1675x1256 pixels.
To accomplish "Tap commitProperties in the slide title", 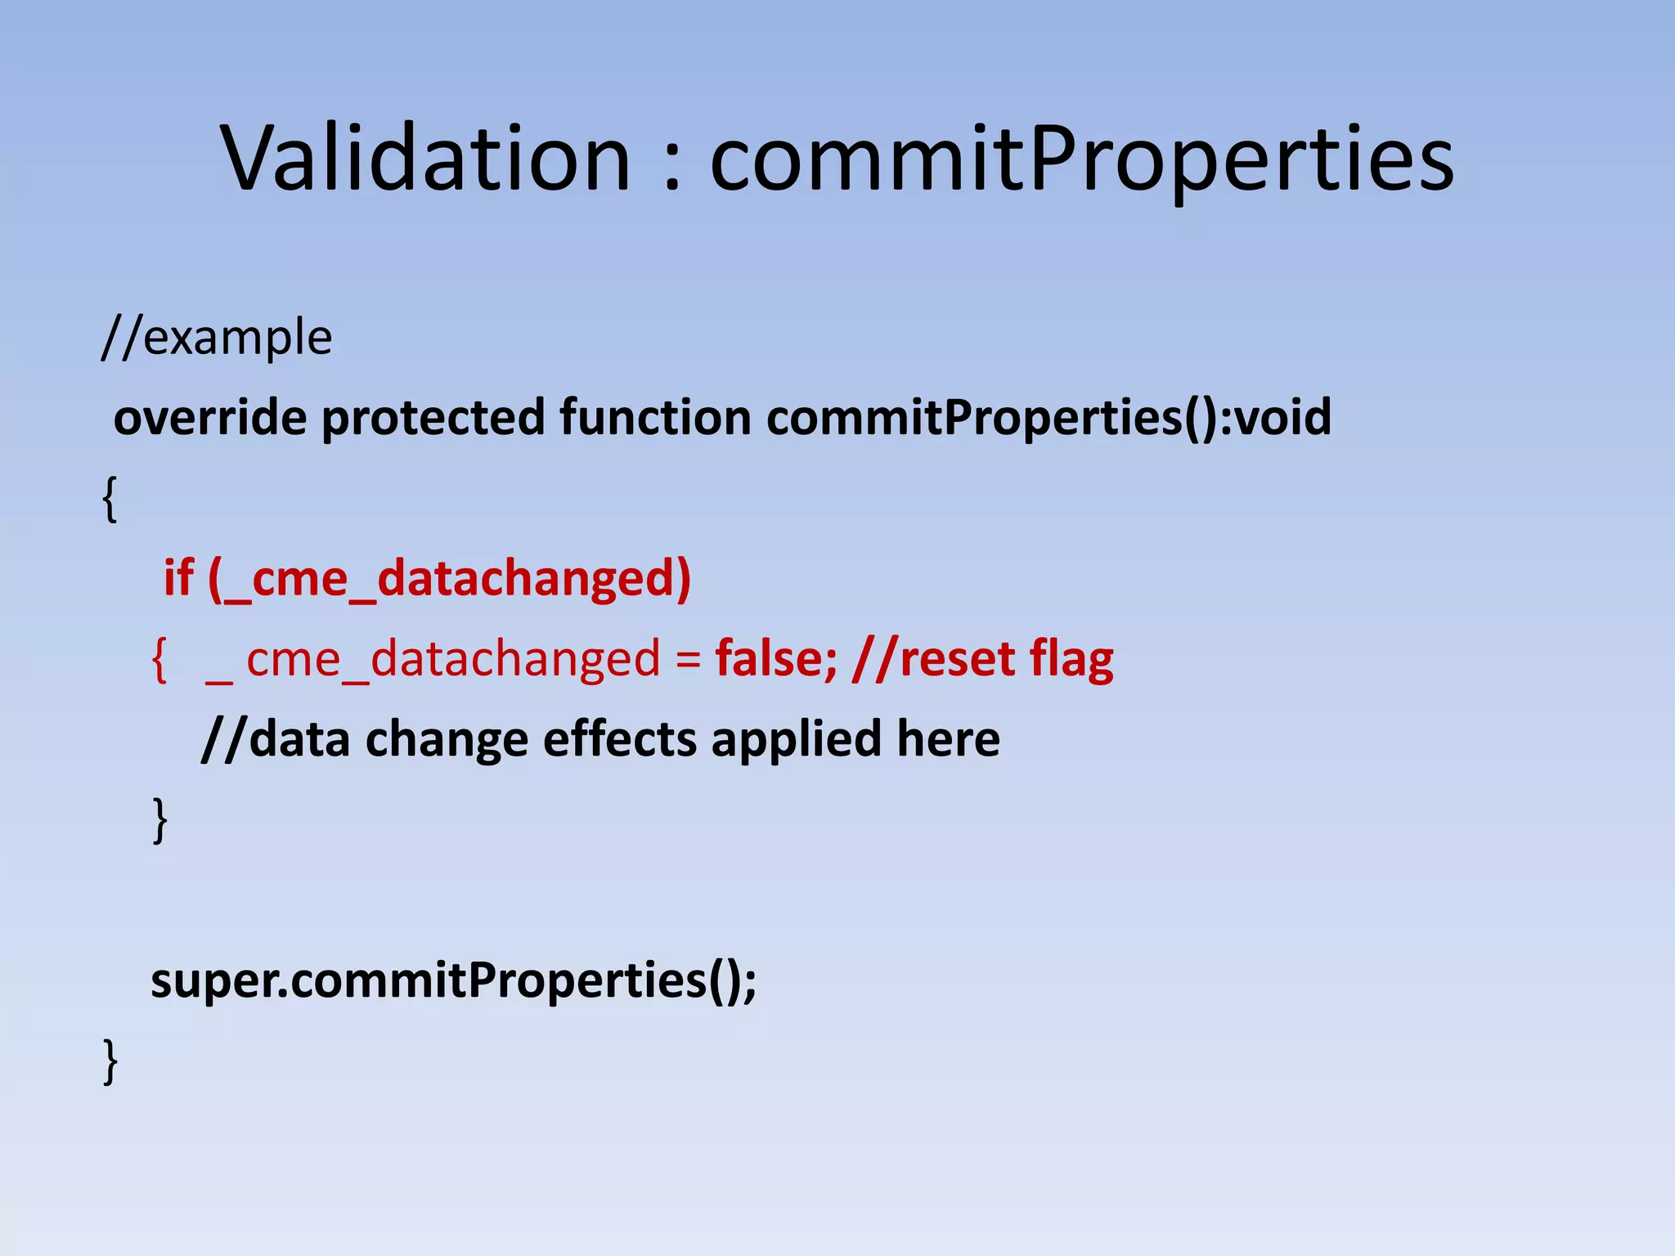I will [1081, 159].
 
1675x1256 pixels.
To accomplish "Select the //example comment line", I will [217, 338].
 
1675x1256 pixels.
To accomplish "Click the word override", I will [210, 417].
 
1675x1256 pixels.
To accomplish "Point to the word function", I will [655, 417].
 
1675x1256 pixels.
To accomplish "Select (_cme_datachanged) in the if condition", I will [449, 579].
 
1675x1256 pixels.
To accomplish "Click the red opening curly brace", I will [159, 659].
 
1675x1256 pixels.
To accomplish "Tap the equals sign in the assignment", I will [688, 661].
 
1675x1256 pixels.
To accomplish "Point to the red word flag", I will [1071, 661].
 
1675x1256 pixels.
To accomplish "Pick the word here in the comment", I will [948, 738].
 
